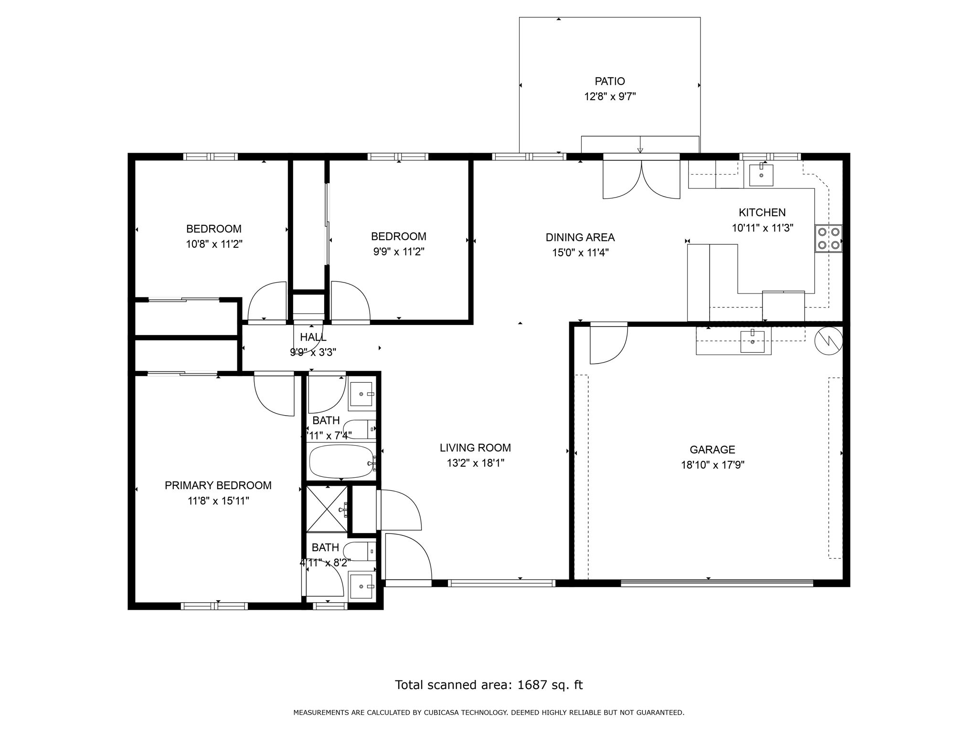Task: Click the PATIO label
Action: (x=609, y=82)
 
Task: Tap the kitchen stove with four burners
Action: (x=829, y=239)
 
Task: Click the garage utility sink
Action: (x=752, y=341)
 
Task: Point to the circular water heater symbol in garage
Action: (x=828, y=341)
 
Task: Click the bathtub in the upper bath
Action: (x=341, y=461)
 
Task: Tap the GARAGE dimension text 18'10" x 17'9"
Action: (x=712, y=465)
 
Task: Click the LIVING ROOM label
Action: (x=475, y=448)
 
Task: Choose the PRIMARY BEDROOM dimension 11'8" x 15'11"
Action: (x=218, y=501)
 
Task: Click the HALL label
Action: (x=313, y=337)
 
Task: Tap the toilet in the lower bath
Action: (x=359, y=551)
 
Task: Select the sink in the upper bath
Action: (x=361, y=394)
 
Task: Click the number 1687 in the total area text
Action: (x=532, y=685)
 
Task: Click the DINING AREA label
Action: (x=580, y=237)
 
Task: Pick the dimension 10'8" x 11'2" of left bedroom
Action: (x=214, y=244)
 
